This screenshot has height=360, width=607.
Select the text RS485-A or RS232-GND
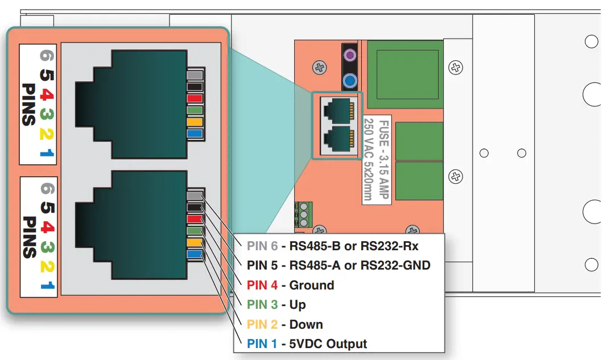[360, 266]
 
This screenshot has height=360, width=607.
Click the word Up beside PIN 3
[298, 305]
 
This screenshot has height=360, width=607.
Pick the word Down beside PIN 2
[306, 325]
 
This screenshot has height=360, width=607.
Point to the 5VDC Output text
[328, 344]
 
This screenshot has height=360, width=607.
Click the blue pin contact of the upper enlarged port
[195, 134]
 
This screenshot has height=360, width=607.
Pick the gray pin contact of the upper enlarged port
[195, 75]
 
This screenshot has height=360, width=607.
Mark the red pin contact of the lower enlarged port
[195, 220]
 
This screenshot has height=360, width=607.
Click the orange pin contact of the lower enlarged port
[195, 243]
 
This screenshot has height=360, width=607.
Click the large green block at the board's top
[404, 74]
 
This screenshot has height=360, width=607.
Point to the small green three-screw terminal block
[303, 215]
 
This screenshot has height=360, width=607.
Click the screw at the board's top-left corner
[320, 68]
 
